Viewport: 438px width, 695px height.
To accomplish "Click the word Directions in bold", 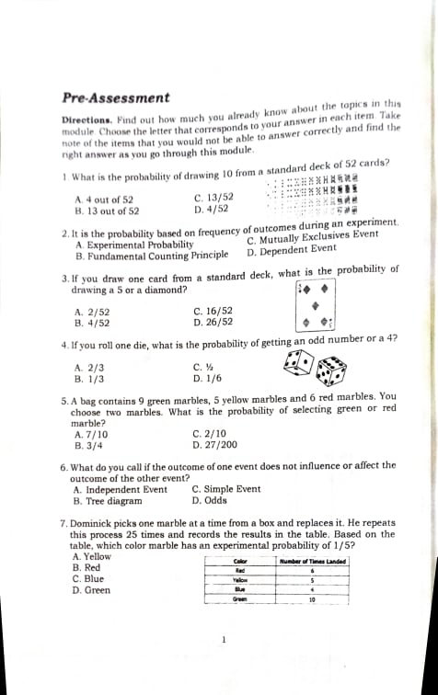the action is (86, 120).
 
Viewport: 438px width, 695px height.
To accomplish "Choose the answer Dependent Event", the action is (293, 249).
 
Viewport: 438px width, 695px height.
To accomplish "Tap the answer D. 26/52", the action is (213, 323).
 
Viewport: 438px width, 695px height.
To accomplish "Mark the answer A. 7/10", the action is (91, 434).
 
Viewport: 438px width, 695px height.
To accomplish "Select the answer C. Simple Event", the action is (226, 490).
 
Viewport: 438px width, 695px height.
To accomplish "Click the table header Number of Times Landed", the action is (312, 561).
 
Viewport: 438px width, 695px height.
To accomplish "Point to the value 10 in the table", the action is (313, 599).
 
